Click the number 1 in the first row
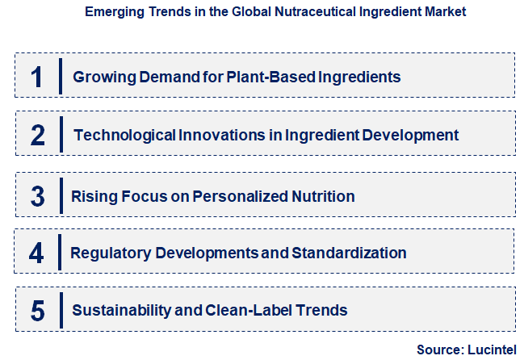click(36, 77)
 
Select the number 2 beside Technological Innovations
click(38, 135)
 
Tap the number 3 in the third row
click(37, 196)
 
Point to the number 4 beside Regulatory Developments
click(36, 253)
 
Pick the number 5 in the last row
click(37, 310)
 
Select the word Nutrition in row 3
click(325, 196)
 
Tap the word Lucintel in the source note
click(491, 350)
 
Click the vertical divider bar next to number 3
click(61, 196)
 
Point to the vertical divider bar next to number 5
click(61, 310)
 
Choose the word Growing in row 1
click(101, 77)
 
